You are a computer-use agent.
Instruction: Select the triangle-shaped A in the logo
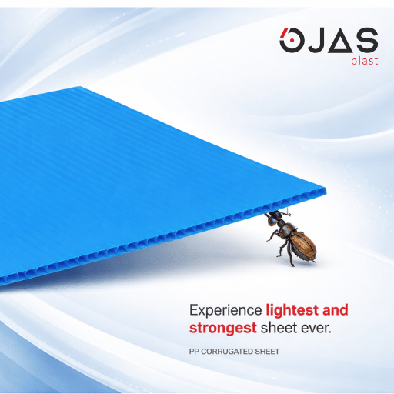(340, 40)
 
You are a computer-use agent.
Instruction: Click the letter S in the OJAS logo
(365, 40)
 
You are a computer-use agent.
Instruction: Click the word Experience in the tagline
(225, 311)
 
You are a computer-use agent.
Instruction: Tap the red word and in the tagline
(333, 311)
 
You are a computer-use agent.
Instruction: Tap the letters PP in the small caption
(194, 352)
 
